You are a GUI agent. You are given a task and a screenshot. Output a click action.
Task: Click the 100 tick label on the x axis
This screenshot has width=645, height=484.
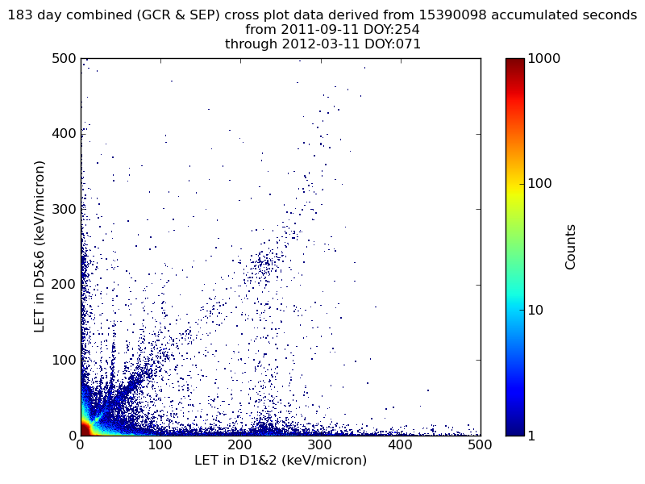(x=160, y=444)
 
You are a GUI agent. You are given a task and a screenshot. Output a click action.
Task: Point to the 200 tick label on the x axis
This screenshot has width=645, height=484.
(x=240, y=444)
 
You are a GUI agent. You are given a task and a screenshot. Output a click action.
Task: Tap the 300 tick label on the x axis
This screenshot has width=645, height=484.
(x=320, y=444)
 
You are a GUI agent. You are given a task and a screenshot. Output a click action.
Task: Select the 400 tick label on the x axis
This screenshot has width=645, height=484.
(x=400, y=444)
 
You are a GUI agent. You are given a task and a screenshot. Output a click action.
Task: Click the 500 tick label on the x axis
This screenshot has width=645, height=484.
(x=480, y=444)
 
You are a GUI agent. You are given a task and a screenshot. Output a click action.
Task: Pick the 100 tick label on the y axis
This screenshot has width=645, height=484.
(x=64, y=360)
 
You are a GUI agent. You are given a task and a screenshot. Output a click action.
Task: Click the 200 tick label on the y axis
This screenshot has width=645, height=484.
(x=64, y=285)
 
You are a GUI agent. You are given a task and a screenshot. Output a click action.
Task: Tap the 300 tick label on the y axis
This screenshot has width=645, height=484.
(x=64, y=209)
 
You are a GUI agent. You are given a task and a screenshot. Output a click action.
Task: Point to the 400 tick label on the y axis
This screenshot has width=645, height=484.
(x=64, y=134)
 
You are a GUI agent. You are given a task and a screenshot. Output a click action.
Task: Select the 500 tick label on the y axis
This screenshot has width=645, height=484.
(x=64, y=59)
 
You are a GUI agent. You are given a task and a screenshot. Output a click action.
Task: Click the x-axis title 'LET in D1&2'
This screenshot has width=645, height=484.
(x=281, y=461)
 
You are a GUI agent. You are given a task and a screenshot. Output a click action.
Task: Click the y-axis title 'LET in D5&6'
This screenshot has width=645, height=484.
(x=40, y=246)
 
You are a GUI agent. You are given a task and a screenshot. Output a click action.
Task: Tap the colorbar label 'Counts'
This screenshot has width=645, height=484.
(x=571, y=247)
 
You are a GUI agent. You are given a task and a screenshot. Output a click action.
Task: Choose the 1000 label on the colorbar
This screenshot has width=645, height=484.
(x=544, y=59)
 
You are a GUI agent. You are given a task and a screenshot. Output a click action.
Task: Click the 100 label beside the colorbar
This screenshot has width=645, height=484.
(x=541, y=184)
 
